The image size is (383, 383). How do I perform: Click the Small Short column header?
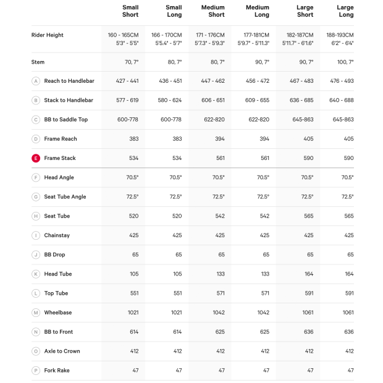(x=130, y=11)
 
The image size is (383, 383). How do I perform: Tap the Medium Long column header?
(x=261, y=11)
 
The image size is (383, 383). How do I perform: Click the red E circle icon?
(x=36, y=158)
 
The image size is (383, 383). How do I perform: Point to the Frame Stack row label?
(x=60, y=158)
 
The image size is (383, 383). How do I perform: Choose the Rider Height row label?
(x=48, y=35)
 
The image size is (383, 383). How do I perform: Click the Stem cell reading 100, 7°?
(x=345, y=62)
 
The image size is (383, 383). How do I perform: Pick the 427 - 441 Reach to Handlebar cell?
(x=127, y=81)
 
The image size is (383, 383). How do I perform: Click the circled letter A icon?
(x=36, y=81)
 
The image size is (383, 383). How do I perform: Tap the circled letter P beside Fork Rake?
(x=36, y=371)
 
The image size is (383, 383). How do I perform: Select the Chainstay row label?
(x=57, y=235)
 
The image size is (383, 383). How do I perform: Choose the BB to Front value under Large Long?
(x=348, y=332)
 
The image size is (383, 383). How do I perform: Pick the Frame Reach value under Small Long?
(x=177, y=139)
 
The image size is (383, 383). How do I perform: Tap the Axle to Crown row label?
(x=62, y=351)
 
